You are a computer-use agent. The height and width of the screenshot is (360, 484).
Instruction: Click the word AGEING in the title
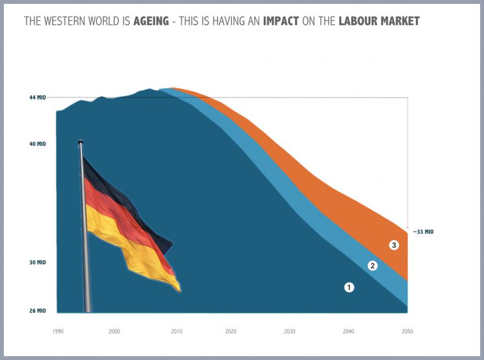click(x=150, y=21)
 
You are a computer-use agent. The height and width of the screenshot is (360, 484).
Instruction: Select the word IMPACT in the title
click(x=281, y=21)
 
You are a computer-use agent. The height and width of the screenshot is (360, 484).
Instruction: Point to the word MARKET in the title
click(x=400, y=21)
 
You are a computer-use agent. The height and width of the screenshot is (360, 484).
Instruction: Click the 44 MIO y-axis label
click(x=37, y=97)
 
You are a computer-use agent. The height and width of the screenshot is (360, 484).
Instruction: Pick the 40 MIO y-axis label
click(x=37, y=144)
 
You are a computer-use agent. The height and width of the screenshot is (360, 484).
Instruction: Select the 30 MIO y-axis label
click(x=37, y=263)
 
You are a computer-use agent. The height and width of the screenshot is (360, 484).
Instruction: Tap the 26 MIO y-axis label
click(x=37, y=311)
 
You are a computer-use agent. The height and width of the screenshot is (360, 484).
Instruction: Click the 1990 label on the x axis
click(x=58, y=331)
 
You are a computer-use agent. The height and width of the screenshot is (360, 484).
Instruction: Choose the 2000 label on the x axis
click(x=114, y=331)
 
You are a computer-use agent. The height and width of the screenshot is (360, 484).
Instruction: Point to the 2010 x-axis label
click(x=176, y=331)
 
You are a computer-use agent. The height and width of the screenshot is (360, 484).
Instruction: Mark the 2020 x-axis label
click(x=231, y=331)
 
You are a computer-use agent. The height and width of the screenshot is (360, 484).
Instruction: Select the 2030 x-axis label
click(x=290, y=331)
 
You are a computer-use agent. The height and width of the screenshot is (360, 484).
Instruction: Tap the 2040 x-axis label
click(x=349, y=331)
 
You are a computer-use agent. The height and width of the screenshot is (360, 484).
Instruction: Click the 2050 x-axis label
click(x=407, y=331)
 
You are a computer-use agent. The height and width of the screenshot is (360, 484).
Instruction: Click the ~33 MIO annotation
click(x=422, y=232)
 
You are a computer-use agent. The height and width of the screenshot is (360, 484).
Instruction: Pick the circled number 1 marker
click(x=349, y=287)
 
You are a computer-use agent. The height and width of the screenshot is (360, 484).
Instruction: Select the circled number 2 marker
click(x=372, y=266)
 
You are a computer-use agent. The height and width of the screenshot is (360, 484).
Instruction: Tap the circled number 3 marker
click(x=394, y=245)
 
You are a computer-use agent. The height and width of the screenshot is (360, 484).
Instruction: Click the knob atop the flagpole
click(x=80, y=142)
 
